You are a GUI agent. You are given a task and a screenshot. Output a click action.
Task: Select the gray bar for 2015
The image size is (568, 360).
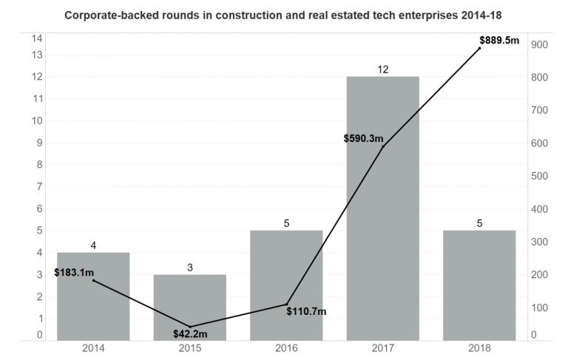coord(189,307)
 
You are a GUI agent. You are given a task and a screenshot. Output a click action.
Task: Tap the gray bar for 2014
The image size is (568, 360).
coord(93,296)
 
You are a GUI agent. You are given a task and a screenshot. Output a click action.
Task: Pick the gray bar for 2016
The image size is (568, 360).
coord(286,285)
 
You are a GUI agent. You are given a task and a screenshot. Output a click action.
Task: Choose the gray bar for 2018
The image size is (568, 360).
coord(479,285)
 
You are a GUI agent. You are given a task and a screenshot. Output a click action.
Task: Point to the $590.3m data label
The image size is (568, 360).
coord(364,138)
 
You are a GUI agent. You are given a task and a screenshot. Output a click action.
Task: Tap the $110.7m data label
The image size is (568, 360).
coord(306,311)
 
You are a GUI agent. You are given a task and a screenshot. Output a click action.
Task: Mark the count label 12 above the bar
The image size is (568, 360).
coord(382,69)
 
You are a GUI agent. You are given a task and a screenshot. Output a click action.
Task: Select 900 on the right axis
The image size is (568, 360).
coord(539,44)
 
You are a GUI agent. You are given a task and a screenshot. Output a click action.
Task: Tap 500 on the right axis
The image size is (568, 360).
coord(539,176)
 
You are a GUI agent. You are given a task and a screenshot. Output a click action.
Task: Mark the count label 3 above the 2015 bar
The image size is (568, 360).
coord(189,267)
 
